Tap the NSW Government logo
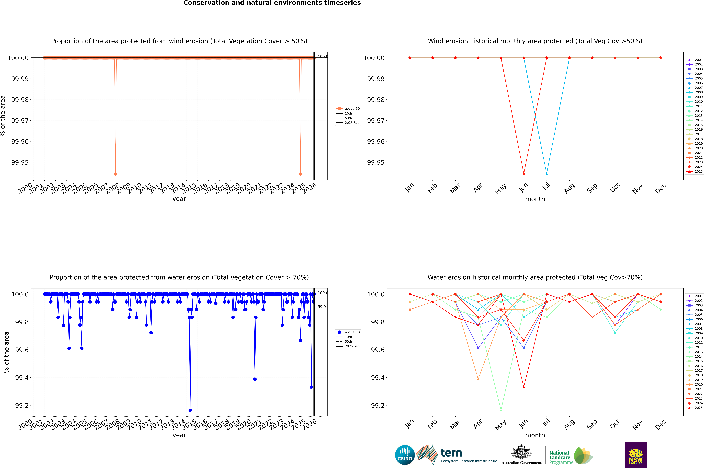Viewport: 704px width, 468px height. (636, 455)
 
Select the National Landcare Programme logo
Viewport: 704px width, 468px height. (570, 456)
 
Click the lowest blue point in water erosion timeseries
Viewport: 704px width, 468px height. (190, 410)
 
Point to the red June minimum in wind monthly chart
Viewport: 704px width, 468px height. (524, 174)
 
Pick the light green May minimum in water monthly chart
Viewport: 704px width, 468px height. (501, 410)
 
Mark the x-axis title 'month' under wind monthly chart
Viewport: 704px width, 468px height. (535, 199)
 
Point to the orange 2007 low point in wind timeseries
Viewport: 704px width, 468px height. (115, 174)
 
